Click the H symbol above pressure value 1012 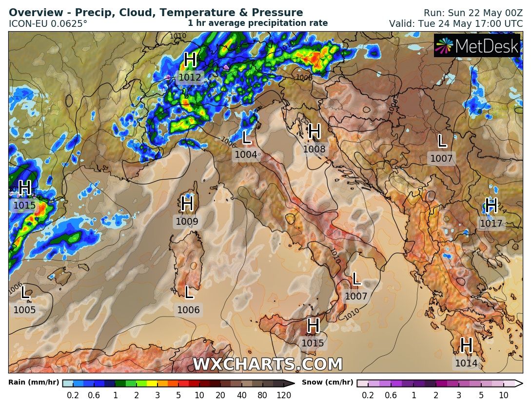point(190,60)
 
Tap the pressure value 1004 point(246,155)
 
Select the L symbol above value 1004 point(246,138)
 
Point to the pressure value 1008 point(314,149)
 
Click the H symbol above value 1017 point(491,206)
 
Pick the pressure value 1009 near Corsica point(187,222)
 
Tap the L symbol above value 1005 point(25,293)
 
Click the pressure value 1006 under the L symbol point(188,310)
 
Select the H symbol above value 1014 point(466,345)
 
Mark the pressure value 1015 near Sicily point(313,343)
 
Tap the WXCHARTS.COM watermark point(268,365)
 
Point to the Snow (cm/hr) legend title point(327,383)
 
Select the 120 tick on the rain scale point(284,395)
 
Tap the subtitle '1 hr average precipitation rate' point(257,23)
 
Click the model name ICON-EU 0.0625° point(48,23)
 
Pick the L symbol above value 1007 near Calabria point(356,279)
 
